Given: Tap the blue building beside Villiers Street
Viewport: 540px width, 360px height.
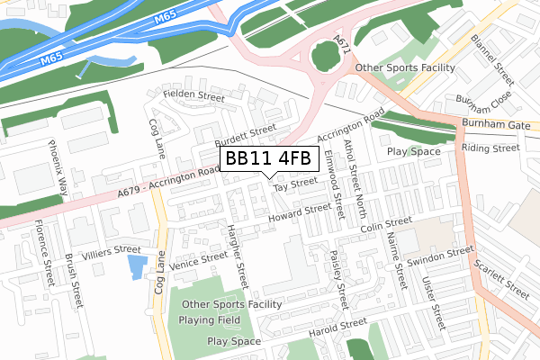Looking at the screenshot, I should pyautogui.click(x=137, y=267).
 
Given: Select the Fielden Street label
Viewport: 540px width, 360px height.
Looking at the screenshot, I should pyautogui.click(x=193, y=95).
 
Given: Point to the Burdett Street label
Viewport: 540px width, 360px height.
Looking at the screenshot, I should pyautogui.click(x=245, y=137).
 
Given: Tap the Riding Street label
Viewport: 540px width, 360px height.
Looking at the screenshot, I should pyautogui.click(x=490, y=148).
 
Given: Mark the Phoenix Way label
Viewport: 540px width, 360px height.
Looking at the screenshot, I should pyautogui.click(x=58, y=167).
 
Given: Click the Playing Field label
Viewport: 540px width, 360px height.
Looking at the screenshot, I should pyautogui.click(x=209, y=319).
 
